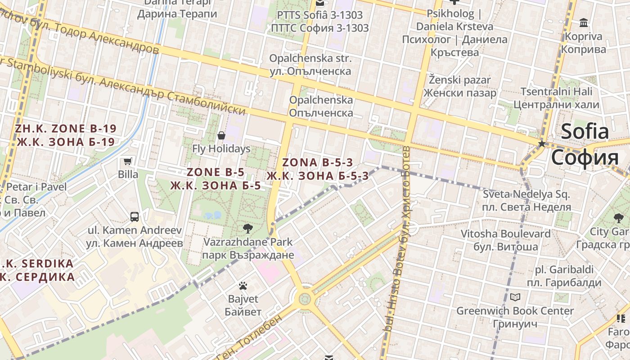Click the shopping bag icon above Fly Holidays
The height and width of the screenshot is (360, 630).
pyautogui.click(x=221, y=135)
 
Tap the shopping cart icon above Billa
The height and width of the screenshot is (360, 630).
pyautogui.click(x=128, y=161)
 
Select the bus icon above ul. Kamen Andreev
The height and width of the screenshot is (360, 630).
pyautogui.click(x=135, y=217)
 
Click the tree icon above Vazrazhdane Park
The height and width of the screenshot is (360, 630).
pyautogui.click(x=247, y=229)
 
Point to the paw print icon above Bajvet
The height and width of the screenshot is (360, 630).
pyautogui.click(x=243, y=285)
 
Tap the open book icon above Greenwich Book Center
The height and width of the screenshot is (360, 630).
pyautogui.click(x=515, y=297)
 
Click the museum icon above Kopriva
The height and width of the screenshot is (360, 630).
pyautogui.click(x=584, y=22)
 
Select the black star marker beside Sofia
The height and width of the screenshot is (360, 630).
pyautogui.click(x=542, y=144)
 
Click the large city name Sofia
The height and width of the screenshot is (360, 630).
pyautogui.click(x=585, y=132)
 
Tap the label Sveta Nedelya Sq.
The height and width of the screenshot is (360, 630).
pyautogui.click(x=526, y=195)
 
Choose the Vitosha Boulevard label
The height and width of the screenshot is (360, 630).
pyautogui.click(x=505, y=234)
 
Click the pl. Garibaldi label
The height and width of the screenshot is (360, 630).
pyautogui.click(x=564, y=270)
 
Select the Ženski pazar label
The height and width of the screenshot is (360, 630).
pyautogui.click(x=459, y=80)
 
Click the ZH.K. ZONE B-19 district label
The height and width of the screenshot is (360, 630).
pyautogui.click(x=66, y=129)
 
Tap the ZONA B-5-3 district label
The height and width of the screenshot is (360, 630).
pyautogui.click(x=318, y=163)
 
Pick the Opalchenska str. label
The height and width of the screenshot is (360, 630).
pyautogui.click(x=310, y=58)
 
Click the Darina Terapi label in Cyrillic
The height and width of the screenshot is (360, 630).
pyautogui.click(x=177, y=14)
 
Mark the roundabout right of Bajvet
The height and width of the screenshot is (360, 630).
pyautogui.click(x=305, y=298)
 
